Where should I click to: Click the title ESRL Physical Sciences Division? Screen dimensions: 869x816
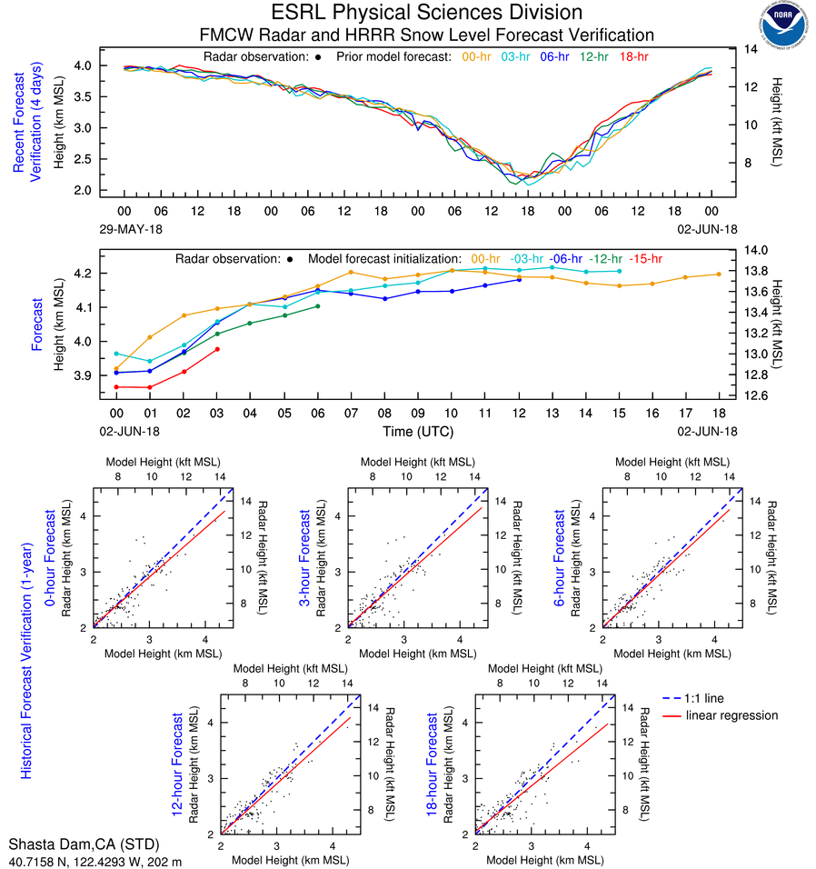tap(426, 13)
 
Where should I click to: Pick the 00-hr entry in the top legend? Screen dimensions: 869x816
tap(477, 56)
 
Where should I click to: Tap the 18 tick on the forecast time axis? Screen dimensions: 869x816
tap(720, 412)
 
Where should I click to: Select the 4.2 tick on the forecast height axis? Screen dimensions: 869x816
tap(86, 274)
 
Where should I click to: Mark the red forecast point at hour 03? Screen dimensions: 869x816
tap(217, 349)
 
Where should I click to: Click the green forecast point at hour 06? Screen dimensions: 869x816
tap(318, 305)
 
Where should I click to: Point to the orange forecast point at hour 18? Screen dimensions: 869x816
tap(720, 274)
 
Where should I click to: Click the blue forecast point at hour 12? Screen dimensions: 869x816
tap(519, 279)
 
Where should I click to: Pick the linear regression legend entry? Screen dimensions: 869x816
tap(731, 715)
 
